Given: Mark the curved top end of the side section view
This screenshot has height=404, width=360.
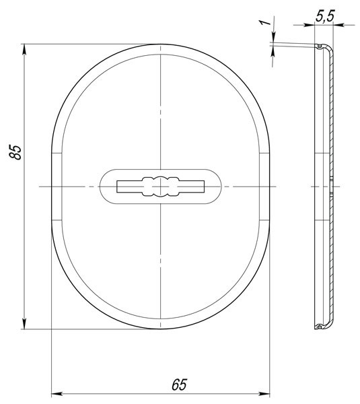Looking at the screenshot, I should click(x=324, y=48).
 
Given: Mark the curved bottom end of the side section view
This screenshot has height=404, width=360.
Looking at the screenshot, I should click(x=324, y=327).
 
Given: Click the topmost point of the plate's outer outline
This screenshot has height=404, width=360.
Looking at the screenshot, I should click(x=161, y=44).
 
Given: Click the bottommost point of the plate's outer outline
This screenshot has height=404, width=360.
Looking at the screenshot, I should click(x=161, y=329).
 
